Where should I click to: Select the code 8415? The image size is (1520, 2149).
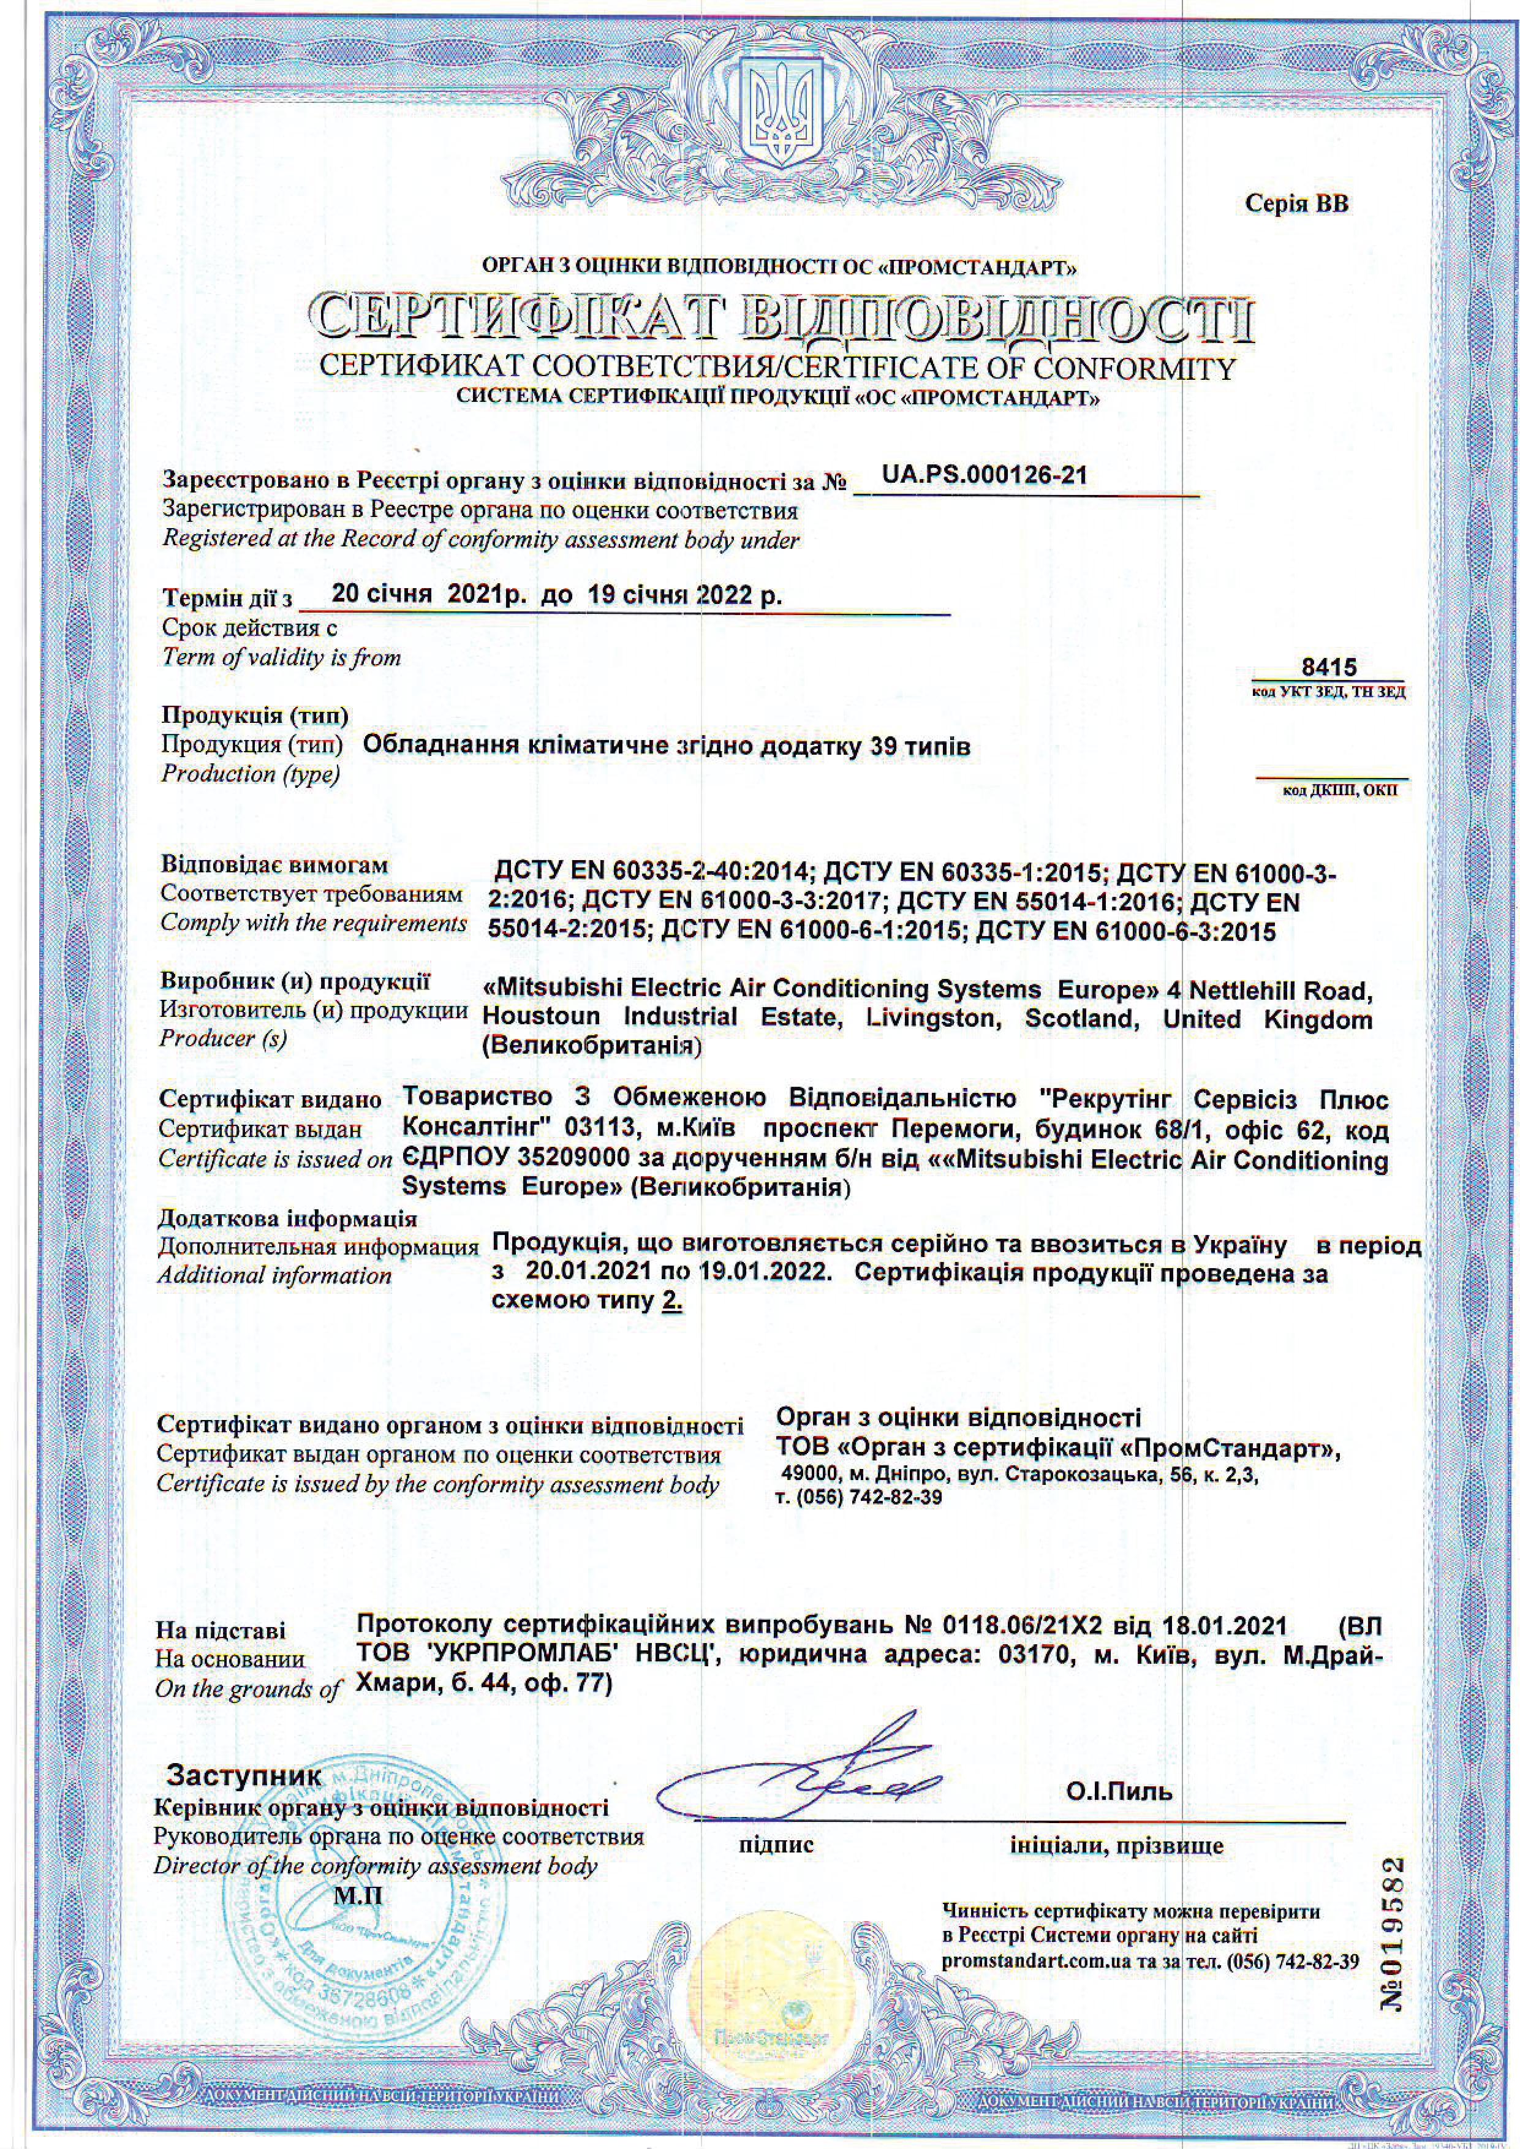[1329, 667]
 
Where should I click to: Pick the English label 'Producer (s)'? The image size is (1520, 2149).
[223, 1038]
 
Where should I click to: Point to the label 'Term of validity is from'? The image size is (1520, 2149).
[281, 657]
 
